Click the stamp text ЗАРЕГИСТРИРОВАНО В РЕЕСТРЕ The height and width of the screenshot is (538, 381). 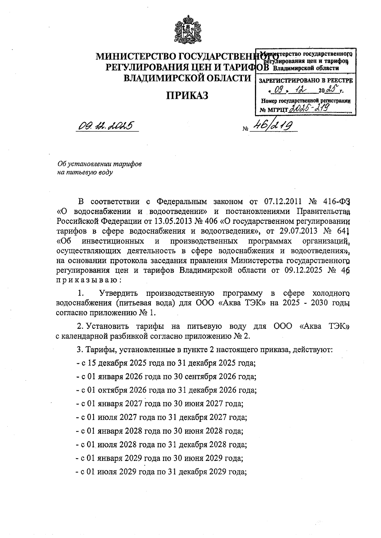[x=306, y=81]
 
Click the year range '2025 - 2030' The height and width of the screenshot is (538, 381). [x=306, y=303]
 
